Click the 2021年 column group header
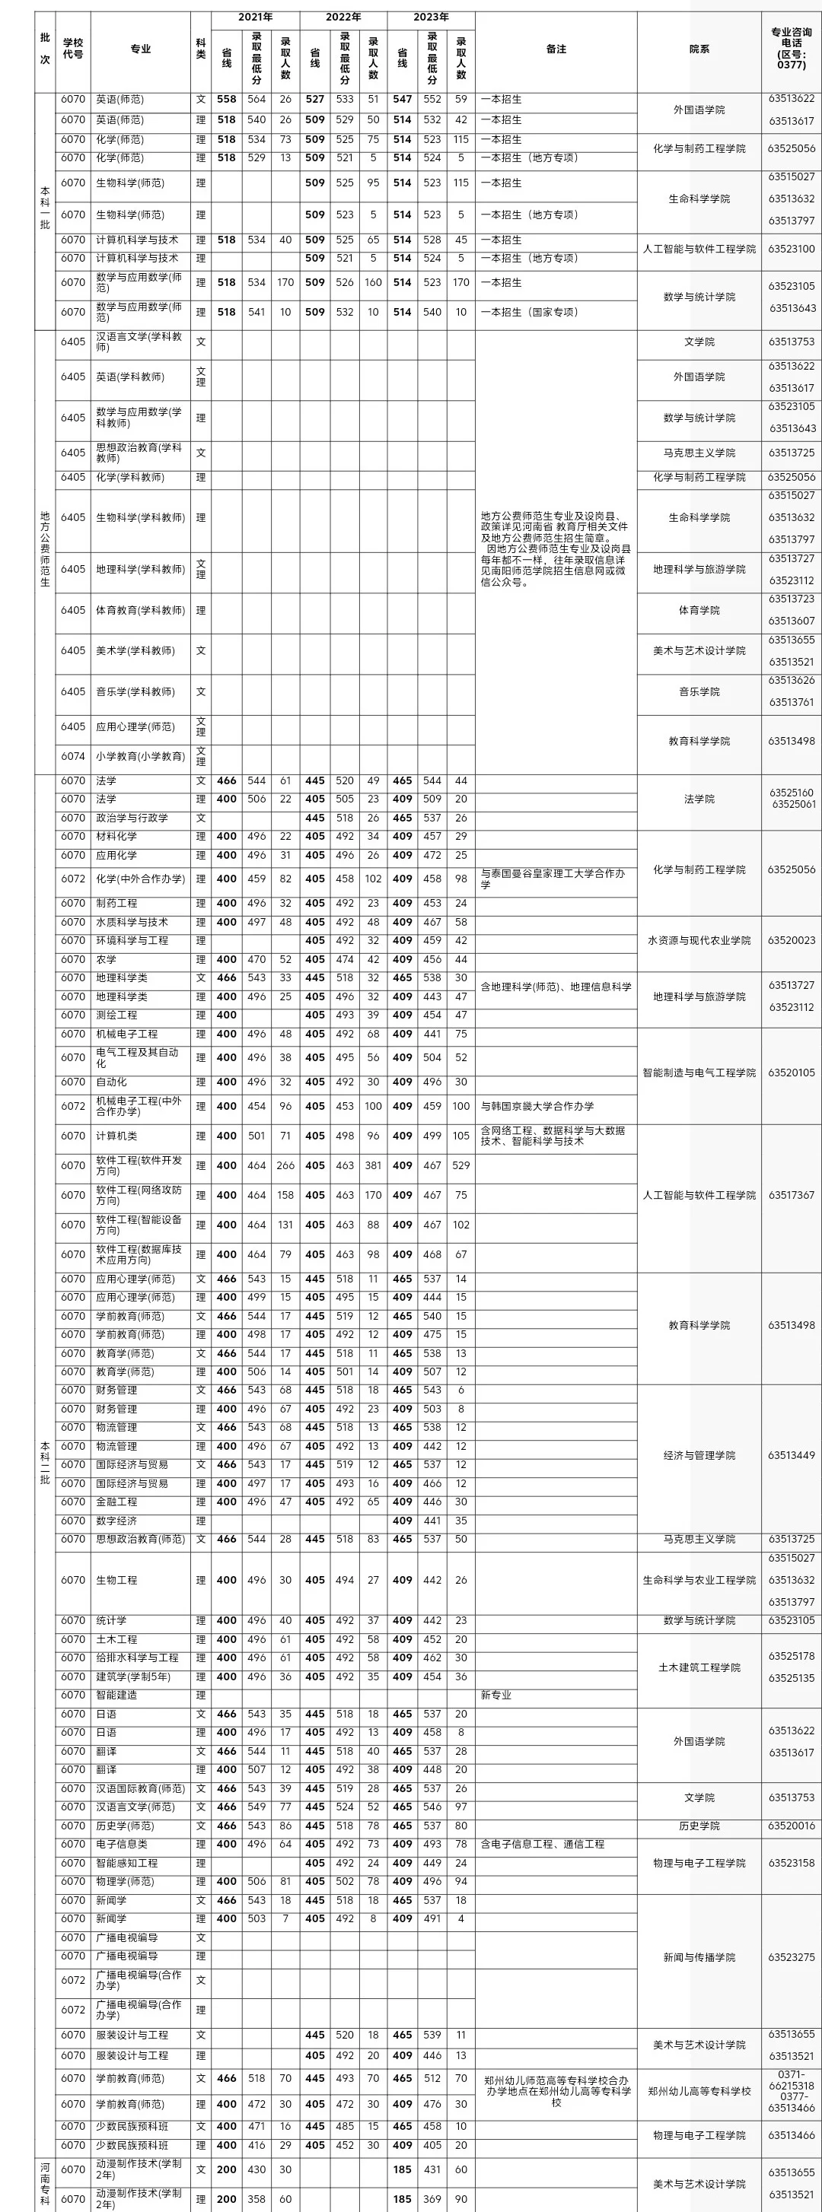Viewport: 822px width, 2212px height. click(x=255, y=17)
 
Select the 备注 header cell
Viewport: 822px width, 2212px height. click(x=556, y=49)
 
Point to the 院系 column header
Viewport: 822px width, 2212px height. click(x=699, y=49)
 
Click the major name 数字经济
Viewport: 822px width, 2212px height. click(x=116, y=1521)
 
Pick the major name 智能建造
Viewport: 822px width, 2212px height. click(x=116, y=1695)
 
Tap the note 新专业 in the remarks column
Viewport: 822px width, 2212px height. click(x=495, y=1695)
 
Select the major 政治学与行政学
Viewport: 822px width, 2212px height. click(x=132, y=818)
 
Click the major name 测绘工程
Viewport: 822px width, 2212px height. click(x=116, y=1015)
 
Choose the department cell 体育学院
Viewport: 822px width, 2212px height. click(x=699, y=611)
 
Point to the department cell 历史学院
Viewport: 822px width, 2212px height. click(x=699, y=1826)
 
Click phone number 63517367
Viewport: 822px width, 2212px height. click(x=791, y=1195)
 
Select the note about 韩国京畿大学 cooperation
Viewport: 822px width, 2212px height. click(x=537, y=1106)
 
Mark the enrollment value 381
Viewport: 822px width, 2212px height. click(x=373, y=1165)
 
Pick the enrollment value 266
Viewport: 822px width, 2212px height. click(x=285, y=1165)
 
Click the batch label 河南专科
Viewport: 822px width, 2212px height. click(x=45, y=2184)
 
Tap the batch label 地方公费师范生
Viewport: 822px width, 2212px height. click(x=45, y=549)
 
